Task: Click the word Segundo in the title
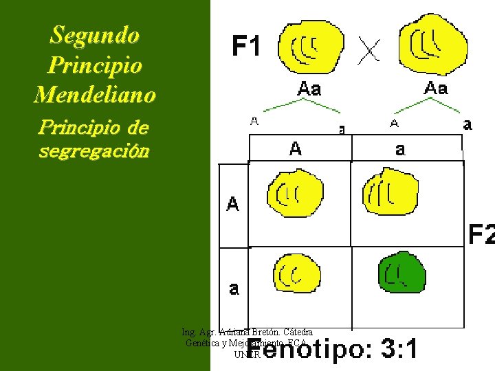tap(95, 34)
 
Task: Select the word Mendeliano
tap(95, 94)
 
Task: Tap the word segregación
tap(94, 151)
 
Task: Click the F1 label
tap(246, 47)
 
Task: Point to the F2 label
tap(481, 235)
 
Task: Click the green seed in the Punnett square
tap(402, 272)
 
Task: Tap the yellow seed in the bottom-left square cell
tap(296, 273)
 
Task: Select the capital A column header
tap(295, 148)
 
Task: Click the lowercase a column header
tap(400, 149)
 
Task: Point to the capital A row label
tap(233, 204)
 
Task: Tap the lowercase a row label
tap(234, 289)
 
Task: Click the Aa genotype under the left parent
tap(309, 89)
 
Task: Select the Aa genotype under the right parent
tap(436, 87)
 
